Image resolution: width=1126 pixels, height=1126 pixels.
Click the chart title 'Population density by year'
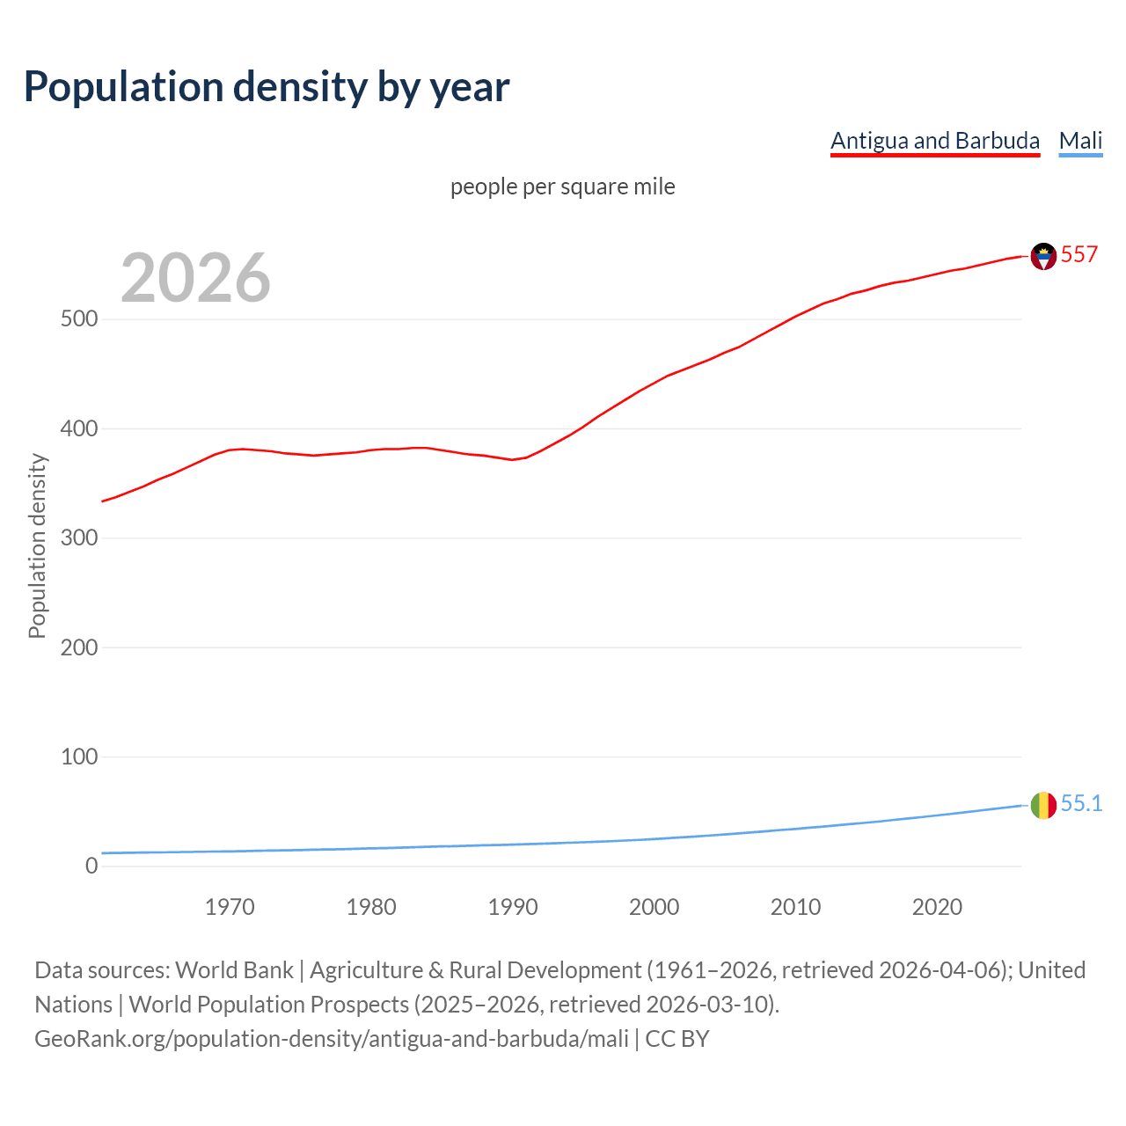click(267, 87)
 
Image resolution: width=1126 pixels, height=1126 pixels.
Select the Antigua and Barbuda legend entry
click(934, 141)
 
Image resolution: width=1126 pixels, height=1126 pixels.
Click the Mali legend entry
click(1080, 141)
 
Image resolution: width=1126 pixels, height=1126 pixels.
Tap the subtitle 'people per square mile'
click(563, 186)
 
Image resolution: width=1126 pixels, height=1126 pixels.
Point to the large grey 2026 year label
click(195, 278)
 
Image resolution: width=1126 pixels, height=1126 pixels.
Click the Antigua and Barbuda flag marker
click(1043, 256)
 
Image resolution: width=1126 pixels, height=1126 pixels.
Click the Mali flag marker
click(1043, 805)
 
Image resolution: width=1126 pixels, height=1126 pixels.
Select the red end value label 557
click(1079, 255)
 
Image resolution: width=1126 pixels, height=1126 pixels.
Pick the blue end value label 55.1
click(1081, 804)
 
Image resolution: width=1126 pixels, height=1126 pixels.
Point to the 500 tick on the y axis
click(79, 319)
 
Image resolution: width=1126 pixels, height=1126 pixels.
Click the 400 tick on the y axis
click(79, 429)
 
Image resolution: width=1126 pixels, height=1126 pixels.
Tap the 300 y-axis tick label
click(79, 538)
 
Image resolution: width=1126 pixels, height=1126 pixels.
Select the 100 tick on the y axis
click(79, 757)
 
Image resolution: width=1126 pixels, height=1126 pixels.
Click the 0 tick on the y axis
click(91, 866)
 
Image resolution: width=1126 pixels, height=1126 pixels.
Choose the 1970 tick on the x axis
click(230, 907)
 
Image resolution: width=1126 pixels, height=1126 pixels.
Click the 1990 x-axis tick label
click(513, 907)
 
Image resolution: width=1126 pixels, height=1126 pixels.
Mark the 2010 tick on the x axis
click(795, 907)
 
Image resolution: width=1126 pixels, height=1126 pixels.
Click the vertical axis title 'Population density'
click(37, 545)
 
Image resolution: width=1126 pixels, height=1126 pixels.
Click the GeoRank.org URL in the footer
click(332, 1039)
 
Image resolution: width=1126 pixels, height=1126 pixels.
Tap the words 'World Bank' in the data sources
click(234, 970)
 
